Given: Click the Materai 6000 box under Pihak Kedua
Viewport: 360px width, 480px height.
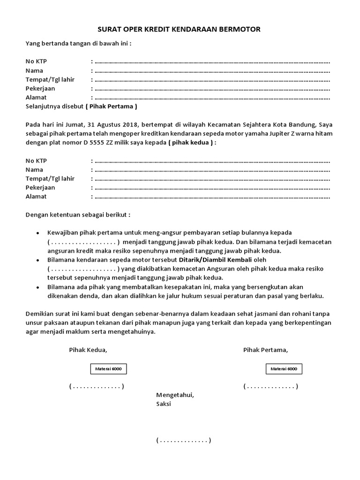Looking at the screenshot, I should (x=109, y=369).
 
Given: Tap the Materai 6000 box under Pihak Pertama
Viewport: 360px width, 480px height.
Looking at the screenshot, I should (x=284, y=369).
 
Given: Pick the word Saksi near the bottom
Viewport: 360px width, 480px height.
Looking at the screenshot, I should (x=164, y=404).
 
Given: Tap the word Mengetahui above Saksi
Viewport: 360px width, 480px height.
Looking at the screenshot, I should (x=174, y=395).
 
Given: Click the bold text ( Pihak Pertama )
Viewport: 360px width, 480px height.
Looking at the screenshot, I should (x=111, y=106).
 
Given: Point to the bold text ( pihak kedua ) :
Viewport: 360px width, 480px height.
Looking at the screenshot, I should (x=192, y=142).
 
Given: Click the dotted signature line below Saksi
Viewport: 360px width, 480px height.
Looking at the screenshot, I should (x=184, y=441).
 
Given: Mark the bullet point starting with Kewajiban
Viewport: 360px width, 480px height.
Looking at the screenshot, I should (x=37, y=233).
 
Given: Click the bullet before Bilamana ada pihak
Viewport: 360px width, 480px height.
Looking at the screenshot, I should (x=37, y=287).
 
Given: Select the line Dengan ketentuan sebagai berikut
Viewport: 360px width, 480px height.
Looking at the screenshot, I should (x=78, y=215).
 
